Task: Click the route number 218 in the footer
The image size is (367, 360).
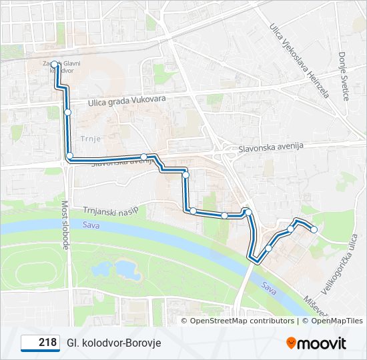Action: (x=47, y=342)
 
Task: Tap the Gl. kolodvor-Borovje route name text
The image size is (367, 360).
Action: (x=113, y=343)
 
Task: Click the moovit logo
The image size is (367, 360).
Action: (x=316, y=343)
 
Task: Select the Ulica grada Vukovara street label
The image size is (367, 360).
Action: (x=127, y=100)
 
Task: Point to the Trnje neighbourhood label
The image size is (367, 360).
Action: (x=89, y=139)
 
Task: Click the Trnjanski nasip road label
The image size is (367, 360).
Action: (x=111, y=210)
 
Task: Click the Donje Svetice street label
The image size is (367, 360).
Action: (x=344, y=77)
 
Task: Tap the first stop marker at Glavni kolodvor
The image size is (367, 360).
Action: (x=55, y=65)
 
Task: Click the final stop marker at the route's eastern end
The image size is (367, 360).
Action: (x=314, y=230)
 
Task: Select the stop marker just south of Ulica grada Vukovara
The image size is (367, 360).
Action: (x=67, y=113)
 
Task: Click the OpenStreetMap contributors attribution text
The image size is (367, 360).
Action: (x=242, y=321)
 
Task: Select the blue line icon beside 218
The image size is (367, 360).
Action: (x=30, y=343)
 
